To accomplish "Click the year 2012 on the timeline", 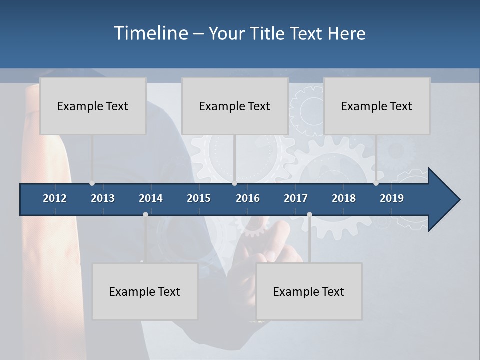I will [x=55, y=198].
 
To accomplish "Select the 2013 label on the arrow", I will [x=103, y=198].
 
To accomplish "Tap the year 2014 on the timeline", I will [x=151, y=198].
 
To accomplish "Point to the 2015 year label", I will [x=199, y=198].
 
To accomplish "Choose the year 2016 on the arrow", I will [x=248, y=198].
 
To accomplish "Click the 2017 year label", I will [x=296, y=198].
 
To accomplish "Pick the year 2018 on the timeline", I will [x=344, y=198].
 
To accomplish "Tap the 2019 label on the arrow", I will [x=392, y=198].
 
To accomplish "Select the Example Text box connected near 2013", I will [x=93, y=106].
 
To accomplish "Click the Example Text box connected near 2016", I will [x=235, y=106].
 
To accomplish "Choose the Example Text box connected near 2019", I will [x=377, y=106].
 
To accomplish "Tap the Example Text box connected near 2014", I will [x=145, y=291].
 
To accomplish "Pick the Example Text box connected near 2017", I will [x=309, y=291].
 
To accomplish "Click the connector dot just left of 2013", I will [x=92, y=183].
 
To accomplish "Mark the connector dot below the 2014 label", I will [x=145, y=214].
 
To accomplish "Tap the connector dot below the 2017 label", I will [x=309, y=214].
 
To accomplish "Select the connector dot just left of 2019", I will [x=376, y=183].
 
